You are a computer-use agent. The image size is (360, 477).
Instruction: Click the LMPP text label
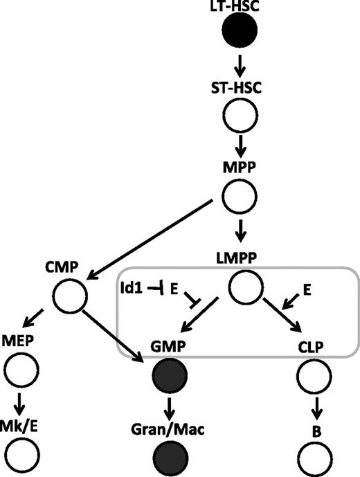tap(240, 258)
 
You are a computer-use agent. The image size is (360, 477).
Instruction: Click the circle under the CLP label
tap(312, 378)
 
